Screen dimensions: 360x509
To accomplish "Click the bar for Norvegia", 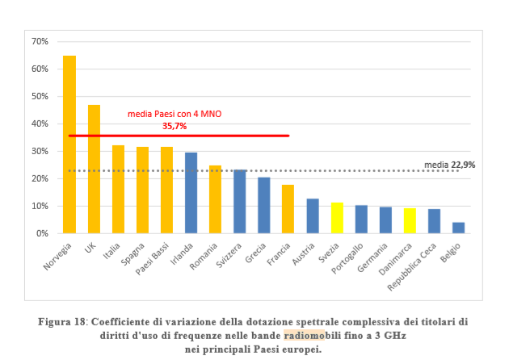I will [x=69, y=144].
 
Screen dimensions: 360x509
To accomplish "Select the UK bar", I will [x=94, y=169].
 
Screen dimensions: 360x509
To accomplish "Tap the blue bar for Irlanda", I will [x=191, y=193].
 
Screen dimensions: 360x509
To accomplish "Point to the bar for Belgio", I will [x=458, y=228].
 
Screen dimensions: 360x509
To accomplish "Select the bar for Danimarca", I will [x=410, y=220].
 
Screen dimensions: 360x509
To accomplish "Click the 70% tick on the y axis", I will [x=40, y=41].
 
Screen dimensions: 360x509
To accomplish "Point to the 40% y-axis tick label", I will [x=40, y=123].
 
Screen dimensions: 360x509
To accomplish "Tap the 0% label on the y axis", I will [x=42, y=233].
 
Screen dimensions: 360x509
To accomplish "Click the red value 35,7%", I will [x=175, y=126].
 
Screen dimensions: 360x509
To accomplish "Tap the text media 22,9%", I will [x=450, y=165].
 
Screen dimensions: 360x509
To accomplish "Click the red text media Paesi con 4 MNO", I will [x=175, y=115].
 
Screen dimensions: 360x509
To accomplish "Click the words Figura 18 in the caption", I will [x=62, y=321].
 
